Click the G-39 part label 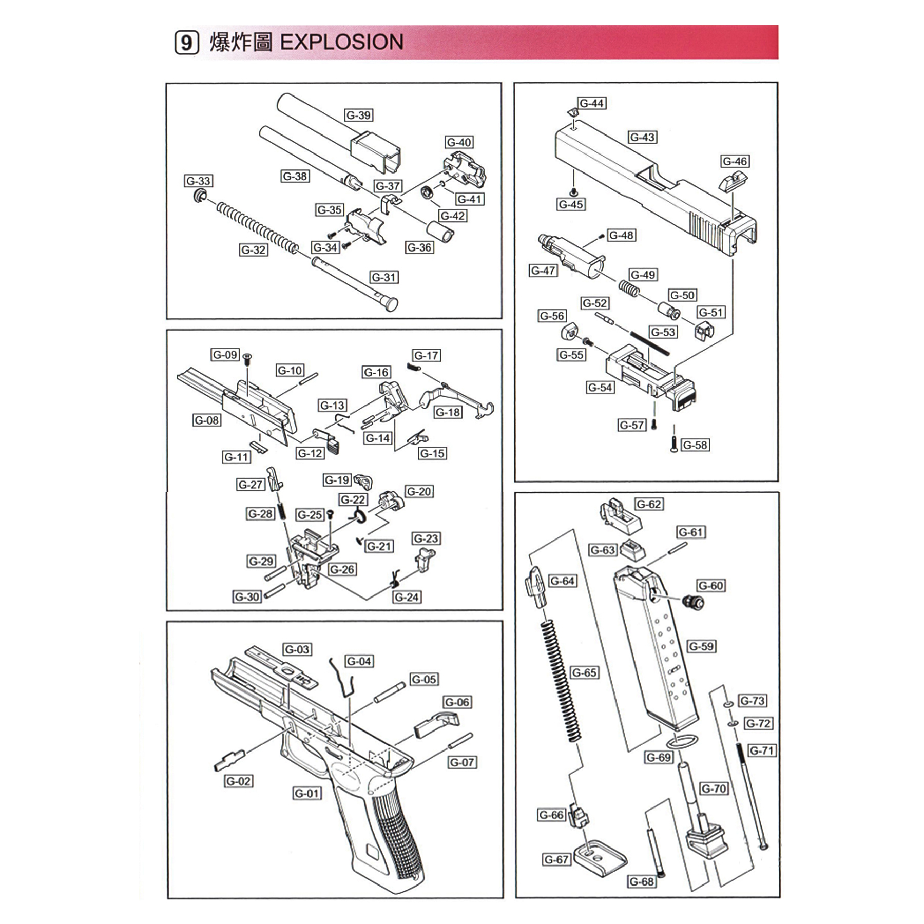point(358,115)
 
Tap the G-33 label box point(199,181)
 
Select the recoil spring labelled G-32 point(257,226)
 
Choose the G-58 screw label point(695,445)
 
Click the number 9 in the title point(187,43)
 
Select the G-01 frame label point(307,794)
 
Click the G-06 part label point(457,702)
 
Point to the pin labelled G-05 point(390,692)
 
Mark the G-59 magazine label point(701,646)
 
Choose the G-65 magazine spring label point(584,672)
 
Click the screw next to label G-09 point(247,358)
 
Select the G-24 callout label point(407,597)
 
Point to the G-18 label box point(448,412)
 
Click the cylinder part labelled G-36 point(440,231)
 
